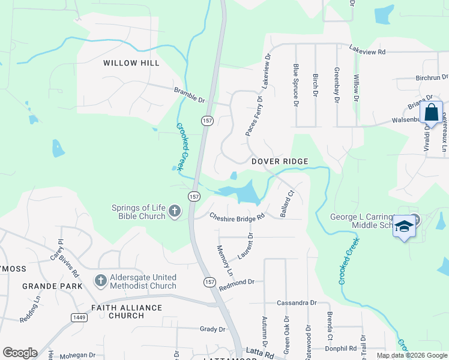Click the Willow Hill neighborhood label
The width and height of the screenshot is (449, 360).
131,63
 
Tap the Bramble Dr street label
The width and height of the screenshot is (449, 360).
190,94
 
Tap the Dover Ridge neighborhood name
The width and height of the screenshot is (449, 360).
280,161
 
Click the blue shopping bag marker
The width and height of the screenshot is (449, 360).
431,113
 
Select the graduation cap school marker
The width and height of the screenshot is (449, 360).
405,226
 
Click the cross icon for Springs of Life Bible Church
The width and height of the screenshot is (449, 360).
174,211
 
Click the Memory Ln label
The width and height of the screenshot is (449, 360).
224,260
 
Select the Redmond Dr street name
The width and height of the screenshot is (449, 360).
237,281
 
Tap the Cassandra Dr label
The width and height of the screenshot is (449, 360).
297,303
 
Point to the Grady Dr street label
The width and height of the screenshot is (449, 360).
212,329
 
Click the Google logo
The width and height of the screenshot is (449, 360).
20,353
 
